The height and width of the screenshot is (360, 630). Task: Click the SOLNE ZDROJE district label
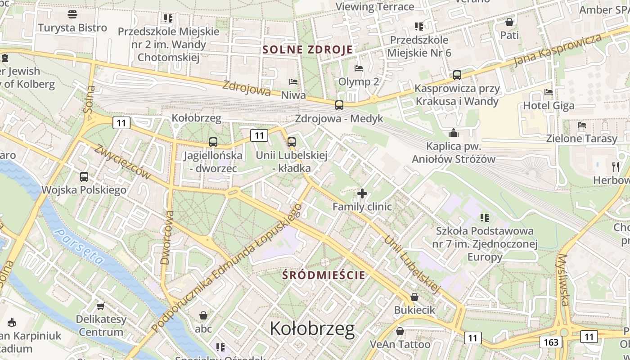click(307, 49)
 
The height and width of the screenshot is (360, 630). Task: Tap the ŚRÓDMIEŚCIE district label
click(324, 275)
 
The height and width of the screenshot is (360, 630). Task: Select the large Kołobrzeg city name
click(312, 329)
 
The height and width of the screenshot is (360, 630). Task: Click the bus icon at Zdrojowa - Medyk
click(339, 105)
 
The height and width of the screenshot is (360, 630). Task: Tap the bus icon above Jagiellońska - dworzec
click(213, 142)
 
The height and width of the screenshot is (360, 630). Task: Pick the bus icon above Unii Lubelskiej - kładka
click(292, 142)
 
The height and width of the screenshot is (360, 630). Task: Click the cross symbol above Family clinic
click(362, 193)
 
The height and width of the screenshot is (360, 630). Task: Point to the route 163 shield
click(551, 342)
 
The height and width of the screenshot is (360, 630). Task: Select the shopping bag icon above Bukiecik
click(414, 297)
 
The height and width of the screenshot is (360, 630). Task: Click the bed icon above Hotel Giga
click(549, 92)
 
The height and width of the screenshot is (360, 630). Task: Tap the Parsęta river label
click(78, 246)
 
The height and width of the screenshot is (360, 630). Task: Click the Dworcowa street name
click(166, 237)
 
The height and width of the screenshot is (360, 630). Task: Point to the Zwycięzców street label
click(122, 161)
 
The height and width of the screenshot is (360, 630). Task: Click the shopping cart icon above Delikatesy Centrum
click(100, 306)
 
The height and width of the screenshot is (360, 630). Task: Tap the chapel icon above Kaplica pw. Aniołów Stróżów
click(453, 133)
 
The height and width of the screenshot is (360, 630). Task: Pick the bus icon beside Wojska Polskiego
click(84, 177)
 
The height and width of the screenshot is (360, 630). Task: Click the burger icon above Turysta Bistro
click(72, 15)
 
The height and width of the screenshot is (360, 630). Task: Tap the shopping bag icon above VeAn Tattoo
click(400, 331)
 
